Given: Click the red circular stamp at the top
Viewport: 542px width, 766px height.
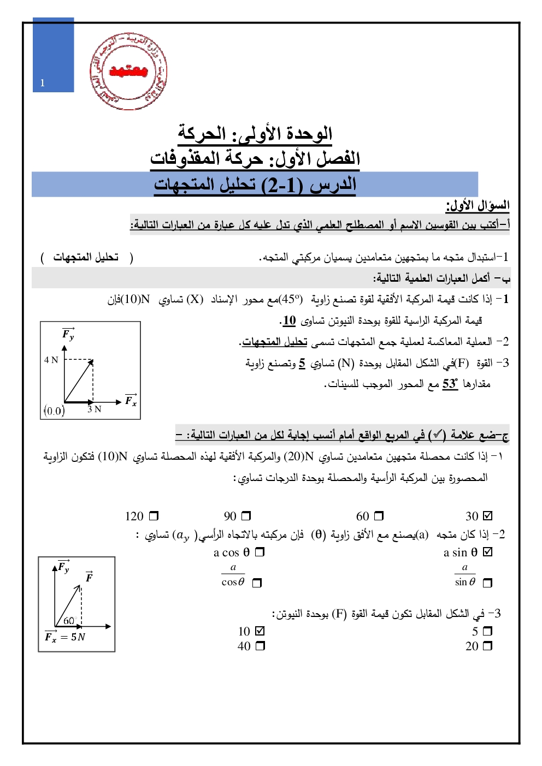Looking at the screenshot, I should tap(128, 71).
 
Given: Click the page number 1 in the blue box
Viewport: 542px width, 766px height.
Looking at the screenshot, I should tap(43, 83).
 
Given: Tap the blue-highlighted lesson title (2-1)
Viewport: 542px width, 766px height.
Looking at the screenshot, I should tap(255, 185).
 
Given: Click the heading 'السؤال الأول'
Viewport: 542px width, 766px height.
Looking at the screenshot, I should tap(478, 206).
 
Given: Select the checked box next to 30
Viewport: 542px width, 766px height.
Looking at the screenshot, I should tap(488, 515).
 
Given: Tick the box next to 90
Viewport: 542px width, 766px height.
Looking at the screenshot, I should tap(246, 515).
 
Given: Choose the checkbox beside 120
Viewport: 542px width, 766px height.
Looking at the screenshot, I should tap(154, 515).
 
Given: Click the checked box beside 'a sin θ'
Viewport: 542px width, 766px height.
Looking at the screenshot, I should tap(488, 552).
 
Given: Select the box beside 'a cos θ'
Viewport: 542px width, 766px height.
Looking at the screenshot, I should tap(260, 552).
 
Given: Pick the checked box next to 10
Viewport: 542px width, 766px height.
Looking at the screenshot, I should tap(260, 631).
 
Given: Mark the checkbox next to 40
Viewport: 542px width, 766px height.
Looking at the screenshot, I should tap(260, 646).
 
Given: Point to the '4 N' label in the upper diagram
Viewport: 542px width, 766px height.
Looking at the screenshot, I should tap(51, 360).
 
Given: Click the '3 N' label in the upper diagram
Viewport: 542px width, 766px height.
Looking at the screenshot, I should tap(95, 409).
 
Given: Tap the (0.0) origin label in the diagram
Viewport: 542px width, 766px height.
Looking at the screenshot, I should tap(54, 411).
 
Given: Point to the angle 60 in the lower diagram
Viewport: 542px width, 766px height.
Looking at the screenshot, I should tap(69, 620).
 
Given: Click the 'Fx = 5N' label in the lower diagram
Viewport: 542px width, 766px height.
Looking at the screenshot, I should tap(65, 637).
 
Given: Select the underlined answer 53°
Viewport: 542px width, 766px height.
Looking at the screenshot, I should tap(450, 384).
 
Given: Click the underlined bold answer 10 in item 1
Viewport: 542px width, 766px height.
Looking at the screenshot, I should tap(289, 320).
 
